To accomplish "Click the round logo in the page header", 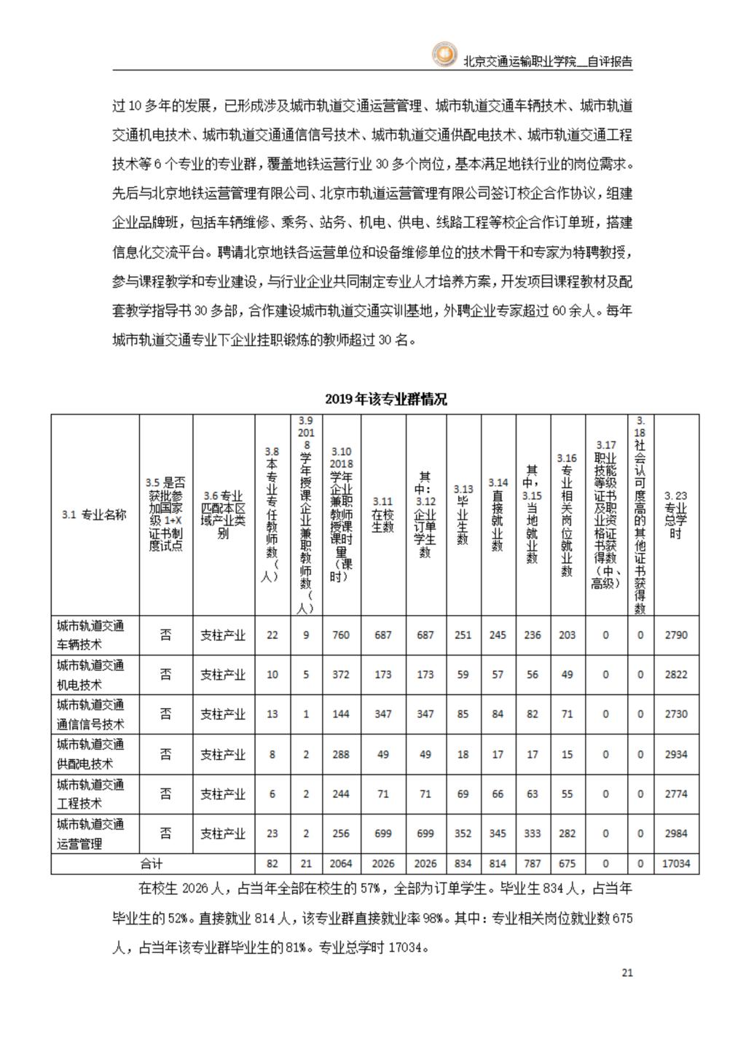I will [444, 55].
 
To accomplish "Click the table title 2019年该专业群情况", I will [385, 399].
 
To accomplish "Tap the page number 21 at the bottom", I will [627, 972].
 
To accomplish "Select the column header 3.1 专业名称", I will [95, 514].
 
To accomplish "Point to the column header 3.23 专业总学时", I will [676, 514].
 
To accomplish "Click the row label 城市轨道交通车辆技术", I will [91, 635].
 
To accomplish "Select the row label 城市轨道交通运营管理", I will [91, 834].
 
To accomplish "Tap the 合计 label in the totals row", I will [152, 863].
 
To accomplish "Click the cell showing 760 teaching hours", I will [340, 635].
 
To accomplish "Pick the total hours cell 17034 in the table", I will [676, 863].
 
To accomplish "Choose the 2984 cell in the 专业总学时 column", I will [676, 834].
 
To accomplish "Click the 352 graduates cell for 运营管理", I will [463, 834].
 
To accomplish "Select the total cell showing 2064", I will [340, 863].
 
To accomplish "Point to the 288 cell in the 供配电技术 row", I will [340, 754].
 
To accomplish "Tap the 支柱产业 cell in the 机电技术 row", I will [223, 675].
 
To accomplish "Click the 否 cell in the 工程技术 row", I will [166, 793].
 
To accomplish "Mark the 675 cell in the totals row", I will [567, 863].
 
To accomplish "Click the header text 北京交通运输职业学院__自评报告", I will [548, 62].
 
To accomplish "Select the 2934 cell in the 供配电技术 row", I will [676, 754].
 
